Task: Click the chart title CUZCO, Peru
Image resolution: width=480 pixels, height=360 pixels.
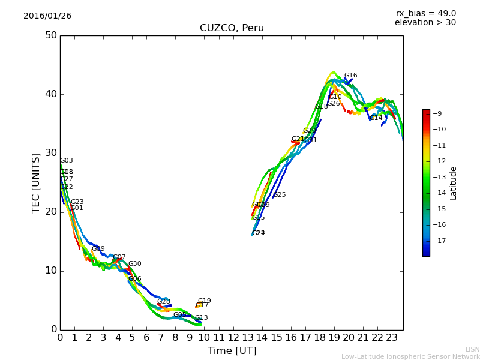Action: click(232, 28)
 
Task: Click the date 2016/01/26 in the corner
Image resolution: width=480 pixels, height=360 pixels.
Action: click(47, 16)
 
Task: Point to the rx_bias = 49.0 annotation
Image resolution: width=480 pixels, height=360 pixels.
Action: click(425, 13)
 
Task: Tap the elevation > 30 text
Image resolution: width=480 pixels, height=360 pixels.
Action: click(425, 23)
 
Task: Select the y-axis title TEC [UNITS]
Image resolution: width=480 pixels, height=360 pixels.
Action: click(36, 182)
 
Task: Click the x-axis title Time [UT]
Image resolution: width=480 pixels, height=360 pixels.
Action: click(232, 350)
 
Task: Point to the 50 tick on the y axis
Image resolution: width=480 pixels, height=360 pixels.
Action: click(50, 35)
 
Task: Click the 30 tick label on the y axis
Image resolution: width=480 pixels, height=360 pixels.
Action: click(50, 153)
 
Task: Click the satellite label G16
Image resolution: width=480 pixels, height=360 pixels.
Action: click(350, 76)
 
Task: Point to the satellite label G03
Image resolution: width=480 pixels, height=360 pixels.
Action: click(66, 161)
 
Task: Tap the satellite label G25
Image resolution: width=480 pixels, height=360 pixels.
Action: click(280, 195)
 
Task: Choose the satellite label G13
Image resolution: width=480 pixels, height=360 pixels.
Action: click(201, 318)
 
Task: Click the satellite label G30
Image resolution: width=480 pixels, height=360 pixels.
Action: click(135, 264)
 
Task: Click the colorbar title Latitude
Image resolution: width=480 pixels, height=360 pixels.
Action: click(454, 183)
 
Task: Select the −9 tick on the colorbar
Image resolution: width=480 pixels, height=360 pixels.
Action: click(437, 113)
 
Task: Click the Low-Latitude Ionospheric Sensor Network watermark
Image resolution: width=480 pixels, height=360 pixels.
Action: click(410, 356)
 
